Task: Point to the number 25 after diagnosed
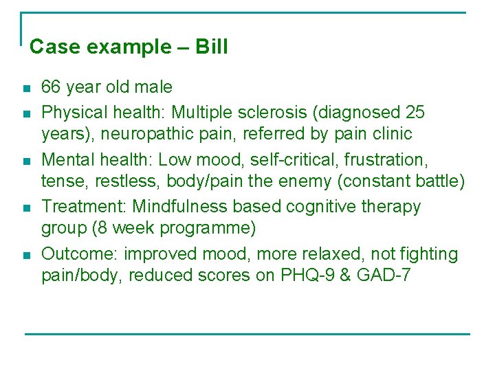(415, 111)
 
